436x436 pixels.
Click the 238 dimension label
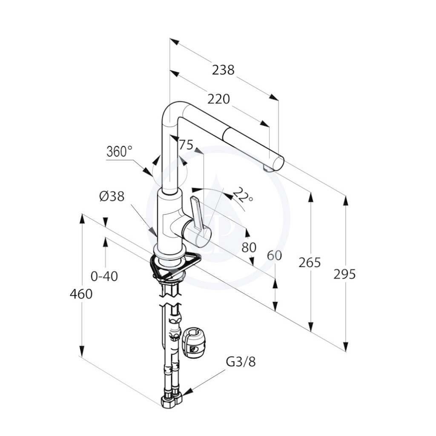[223, 70]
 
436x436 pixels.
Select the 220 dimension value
[219, 99]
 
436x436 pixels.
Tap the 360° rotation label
[119, 152]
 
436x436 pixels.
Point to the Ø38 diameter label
[112, 197]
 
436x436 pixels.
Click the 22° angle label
[242, 195]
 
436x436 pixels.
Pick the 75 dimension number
[186, 145]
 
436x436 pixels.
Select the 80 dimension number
[249, 247]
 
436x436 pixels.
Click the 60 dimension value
[275, 255]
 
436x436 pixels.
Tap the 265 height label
[310, 262]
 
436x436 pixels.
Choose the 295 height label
[344, 275]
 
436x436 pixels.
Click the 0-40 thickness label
[104, 276]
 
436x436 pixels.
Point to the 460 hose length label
[81, 294]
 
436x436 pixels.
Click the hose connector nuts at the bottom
[172, 399]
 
